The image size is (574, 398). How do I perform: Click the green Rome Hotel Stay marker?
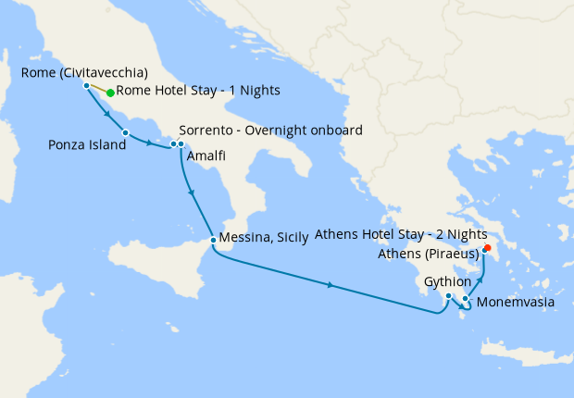coord(110,93)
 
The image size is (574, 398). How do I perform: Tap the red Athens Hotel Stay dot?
coord(488,247)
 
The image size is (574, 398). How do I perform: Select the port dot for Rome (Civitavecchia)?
coord(86,85)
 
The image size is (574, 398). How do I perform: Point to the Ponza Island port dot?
coord(125,133)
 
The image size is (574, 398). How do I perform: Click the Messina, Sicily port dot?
coord(213,241)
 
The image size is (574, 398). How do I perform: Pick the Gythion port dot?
coord(448,296)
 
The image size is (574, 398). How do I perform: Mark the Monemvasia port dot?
coord(466,298)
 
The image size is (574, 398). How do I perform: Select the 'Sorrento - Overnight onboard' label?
coord(268,130)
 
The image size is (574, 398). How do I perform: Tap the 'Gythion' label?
coord(449,280)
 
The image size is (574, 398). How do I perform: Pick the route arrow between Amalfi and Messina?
coord(190,193)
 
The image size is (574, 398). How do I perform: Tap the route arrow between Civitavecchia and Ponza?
coord(108,115)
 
